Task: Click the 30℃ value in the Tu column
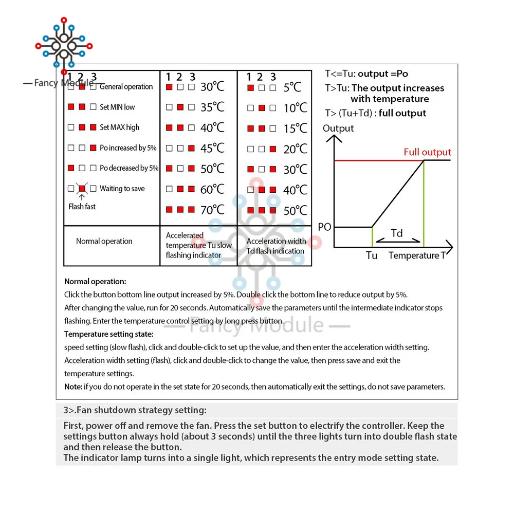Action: tap(212, 87)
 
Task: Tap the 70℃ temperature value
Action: tap(212, 210)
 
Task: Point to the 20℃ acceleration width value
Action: tap(295, 149)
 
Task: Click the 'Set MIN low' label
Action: tap(117, 107)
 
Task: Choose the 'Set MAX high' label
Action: tap(119, 127)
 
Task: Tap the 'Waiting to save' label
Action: tap(122, 189)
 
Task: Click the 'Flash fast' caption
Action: tap(82, 207)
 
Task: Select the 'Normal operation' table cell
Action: tap(104, 241)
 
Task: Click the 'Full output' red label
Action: tap(427, 152)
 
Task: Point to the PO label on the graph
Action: tap(325, 227)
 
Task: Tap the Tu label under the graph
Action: tap(372, 255)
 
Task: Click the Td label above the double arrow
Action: tap(397, 233)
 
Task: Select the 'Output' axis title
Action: tap(338, 128)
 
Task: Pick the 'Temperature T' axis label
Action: tap(417, 255)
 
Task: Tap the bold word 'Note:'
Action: tap(73, 387)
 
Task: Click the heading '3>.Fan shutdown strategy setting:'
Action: tap(135, 410)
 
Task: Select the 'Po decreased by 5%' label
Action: tap(129, 168)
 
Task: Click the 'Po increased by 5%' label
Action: tap(128, 148)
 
